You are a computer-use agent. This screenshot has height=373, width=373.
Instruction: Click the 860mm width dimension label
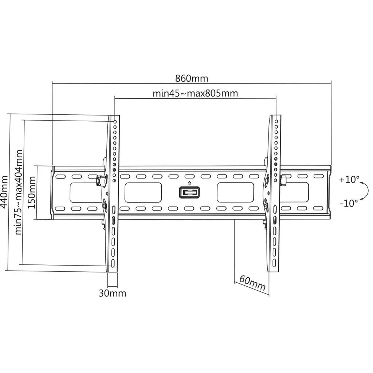192,78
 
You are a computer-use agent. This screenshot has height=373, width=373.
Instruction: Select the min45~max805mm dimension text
195,93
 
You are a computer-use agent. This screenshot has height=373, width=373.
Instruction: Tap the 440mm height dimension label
4,192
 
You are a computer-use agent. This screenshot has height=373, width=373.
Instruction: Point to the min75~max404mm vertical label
19,192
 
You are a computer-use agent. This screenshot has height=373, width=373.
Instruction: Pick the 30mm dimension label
112,293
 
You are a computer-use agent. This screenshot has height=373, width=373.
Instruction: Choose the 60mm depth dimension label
252,283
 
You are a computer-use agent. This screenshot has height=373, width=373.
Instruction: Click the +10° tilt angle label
349,180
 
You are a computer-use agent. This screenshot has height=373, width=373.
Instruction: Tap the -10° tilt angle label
349,203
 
